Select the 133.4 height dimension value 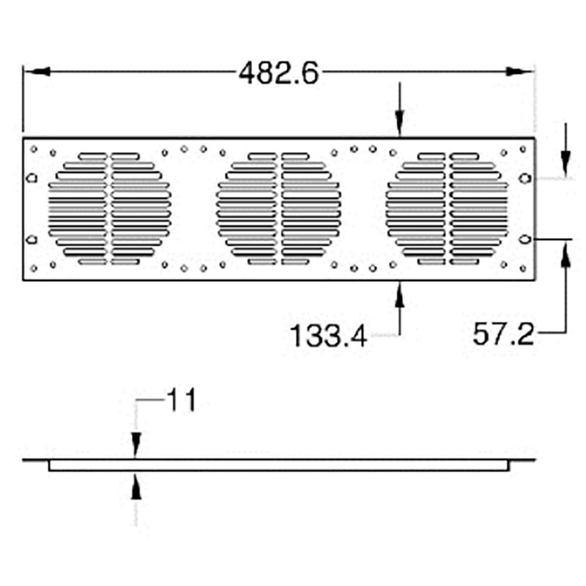coord(327,336)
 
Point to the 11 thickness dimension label coord(181,401)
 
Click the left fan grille coord(110,209)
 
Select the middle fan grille coord(279,209)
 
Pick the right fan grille coord(448,209)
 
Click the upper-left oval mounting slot coord(31,178)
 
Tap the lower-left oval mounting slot coord(31,240)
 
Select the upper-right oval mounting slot coord(524,178)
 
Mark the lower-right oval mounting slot coord(524,240)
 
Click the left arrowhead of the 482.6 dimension coord(37,71)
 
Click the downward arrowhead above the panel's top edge coord(399,125)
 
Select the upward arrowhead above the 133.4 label coord(399,293)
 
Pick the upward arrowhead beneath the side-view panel coord(136,487)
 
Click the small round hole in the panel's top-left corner coord(34,149)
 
